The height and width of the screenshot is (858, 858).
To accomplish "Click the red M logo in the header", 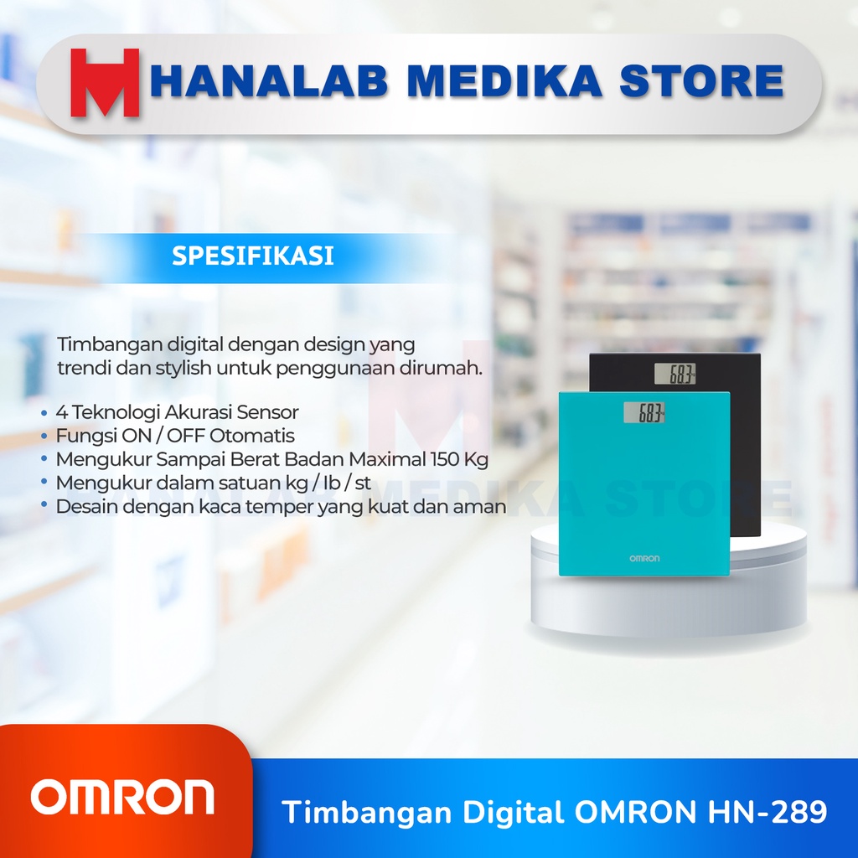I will tap(105, 82).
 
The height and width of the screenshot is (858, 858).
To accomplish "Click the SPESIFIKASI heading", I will tap(253, 256).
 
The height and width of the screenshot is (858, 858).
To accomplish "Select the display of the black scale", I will tap(677, 375).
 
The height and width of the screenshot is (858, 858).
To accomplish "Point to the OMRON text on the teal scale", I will tap(644, 558).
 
